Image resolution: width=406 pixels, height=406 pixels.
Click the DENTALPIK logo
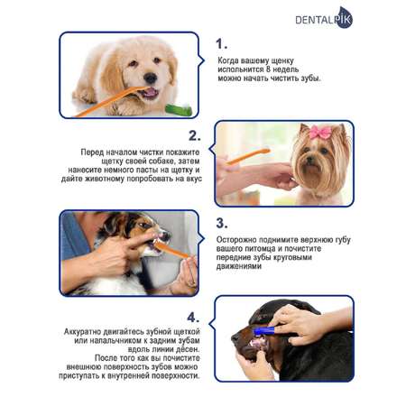click(324, 18)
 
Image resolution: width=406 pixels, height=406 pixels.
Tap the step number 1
click(221, 44)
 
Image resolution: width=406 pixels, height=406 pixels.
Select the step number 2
click(195, 135)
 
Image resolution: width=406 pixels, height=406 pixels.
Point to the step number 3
click(222, 223)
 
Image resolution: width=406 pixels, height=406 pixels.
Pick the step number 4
click(193, 318)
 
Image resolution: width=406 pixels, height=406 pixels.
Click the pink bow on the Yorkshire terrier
click(320, 133)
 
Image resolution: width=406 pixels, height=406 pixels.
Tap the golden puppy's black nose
click(150, 78)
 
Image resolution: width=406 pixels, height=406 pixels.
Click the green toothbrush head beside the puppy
click(179, 110)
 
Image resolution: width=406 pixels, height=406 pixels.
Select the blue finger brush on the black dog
click(264, 331)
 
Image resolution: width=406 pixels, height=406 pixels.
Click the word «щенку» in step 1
click(282, 60)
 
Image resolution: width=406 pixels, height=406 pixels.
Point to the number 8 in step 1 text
click(269, 69)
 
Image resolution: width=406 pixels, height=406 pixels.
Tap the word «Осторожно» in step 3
click(236, 240)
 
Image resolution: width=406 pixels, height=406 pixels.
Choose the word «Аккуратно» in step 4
click(82, 332)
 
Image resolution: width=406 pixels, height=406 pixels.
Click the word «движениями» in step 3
click(239, 266)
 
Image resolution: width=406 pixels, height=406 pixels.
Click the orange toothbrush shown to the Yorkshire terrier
click(248, 156)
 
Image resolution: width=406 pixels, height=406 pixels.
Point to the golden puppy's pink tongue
click(150, 93)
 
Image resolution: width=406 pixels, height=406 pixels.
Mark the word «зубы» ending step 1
click(311, 78)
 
